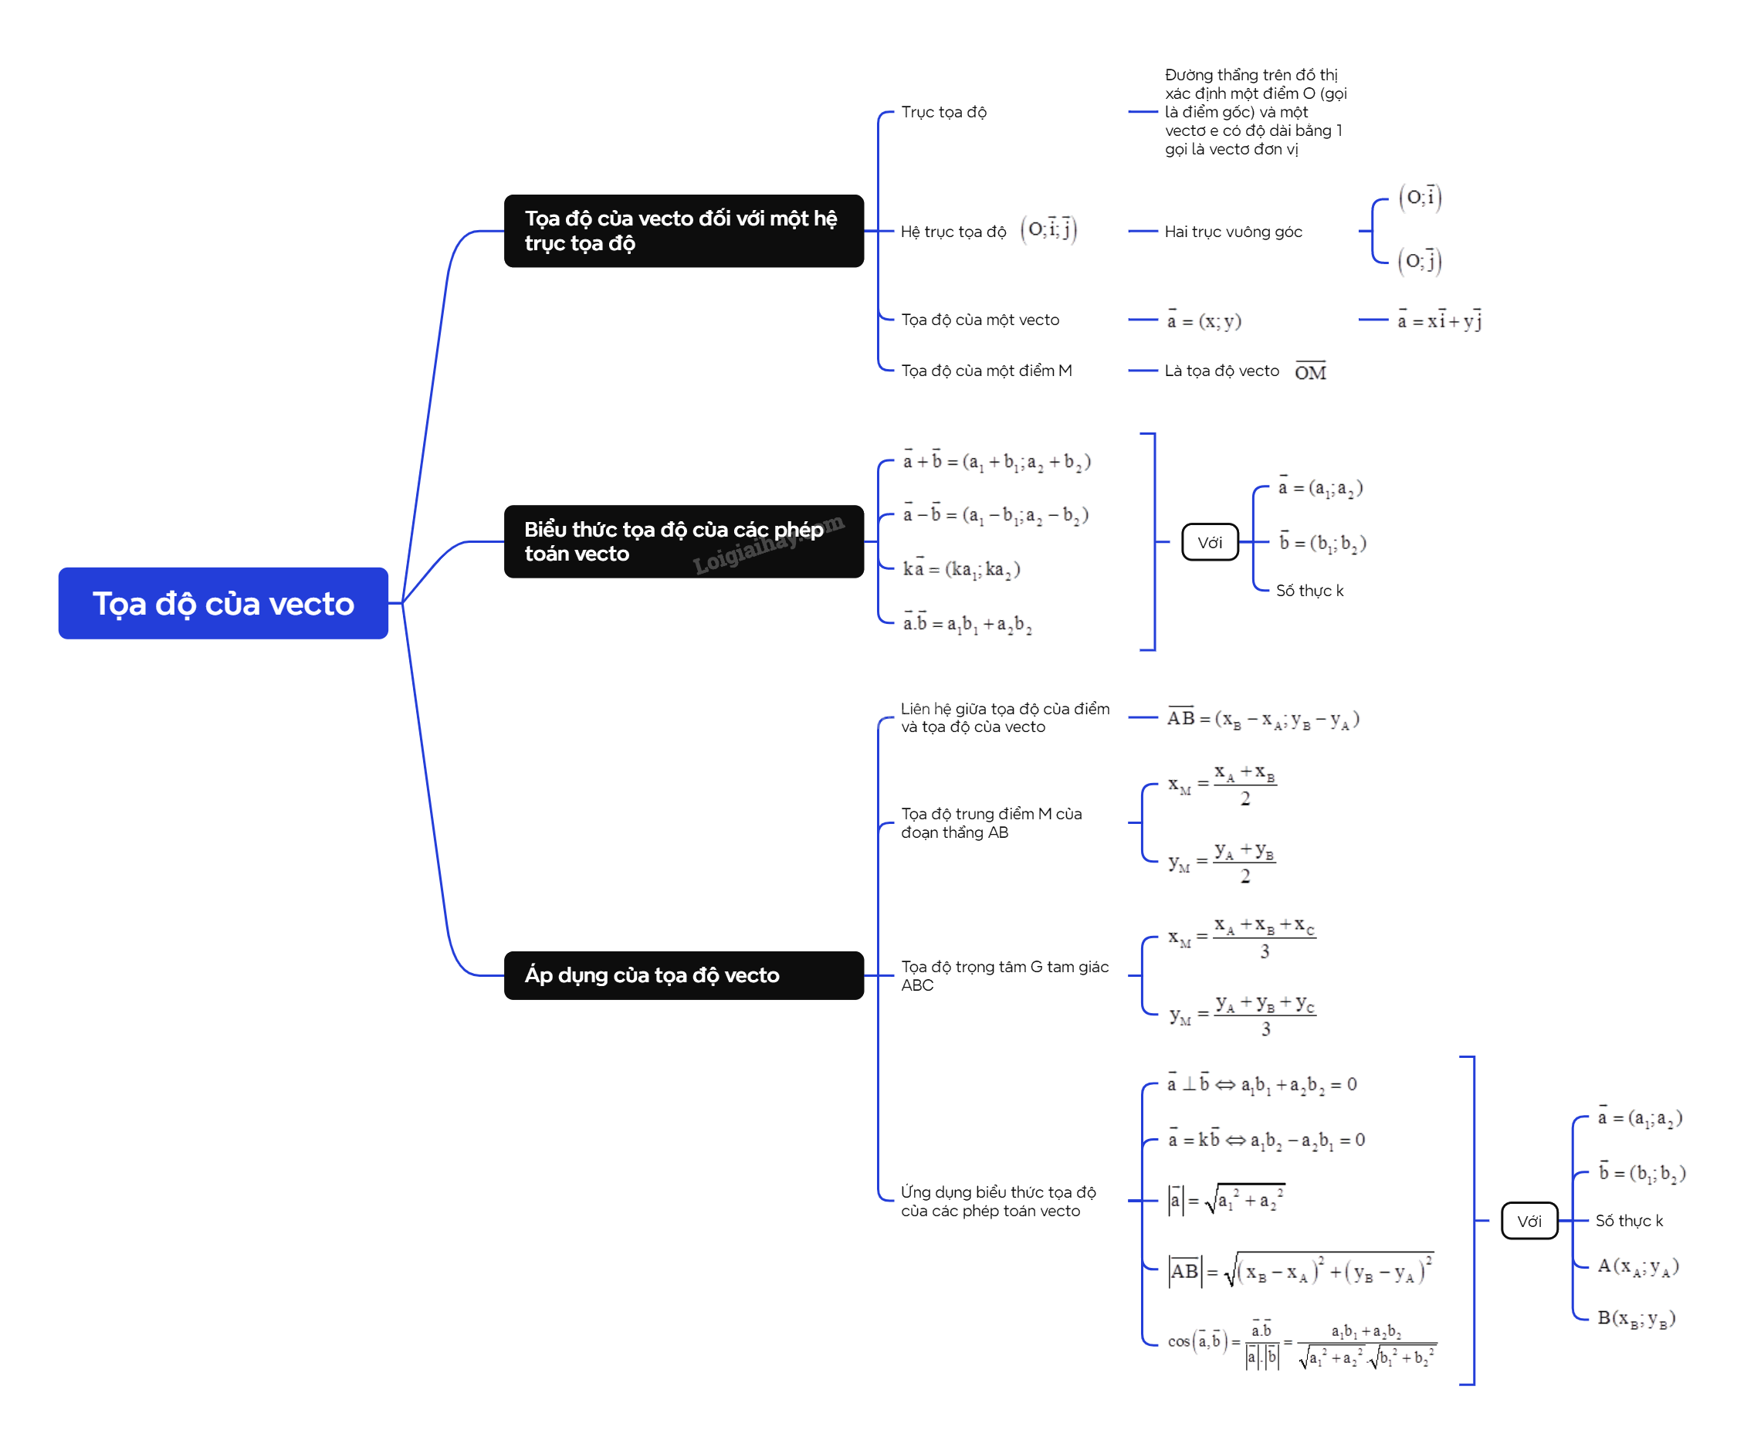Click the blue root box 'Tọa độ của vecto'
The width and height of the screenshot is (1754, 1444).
point(223,603)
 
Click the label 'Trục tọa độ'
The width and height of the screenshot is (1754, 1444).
point(943,112)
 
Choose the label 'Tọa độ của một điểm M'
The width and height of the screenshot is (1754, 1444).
point(986,371)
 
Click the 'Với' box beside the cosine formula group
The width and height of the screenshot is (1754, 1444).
point(1529,1220)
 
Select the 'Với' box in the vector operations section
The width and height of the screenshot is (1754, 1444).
point(1209,542)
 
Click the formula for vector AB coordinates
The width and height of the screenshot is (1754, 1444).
point(1262,719)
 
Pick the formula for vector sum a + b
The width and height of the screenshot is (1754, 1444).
point(997,462)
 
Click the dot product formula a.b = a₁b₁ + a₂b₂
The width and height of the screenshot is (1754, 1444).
point(967,624)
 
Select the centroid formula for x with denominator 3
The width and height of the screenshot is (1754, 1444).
point(1241,937)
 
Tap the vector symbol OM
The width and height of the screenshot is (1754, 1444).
point(1310,372)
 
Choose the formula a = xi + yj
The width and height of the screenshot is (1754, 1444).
point(1439,320)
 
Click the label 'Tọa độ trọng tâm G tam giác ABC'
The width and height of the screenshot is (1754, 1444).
point(1004,975)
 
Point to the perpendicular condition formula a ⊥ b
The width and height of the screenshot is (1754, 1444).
point(1261,1085)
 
